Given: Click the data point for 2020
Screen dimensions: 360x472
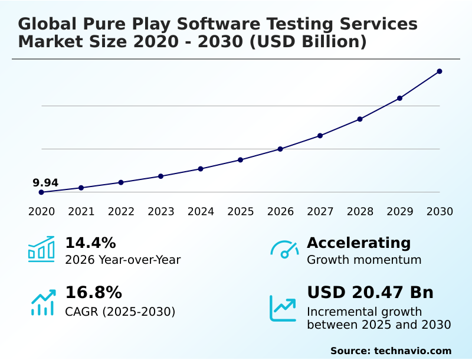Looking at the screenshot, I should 41,192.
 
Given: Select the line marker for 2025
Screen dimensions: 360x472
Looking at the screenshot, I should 241,160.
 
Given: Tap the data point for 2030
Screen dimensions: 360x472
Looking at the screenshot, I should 440,71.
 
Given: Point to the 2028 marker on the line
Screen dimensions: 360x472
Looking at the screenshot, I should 360,119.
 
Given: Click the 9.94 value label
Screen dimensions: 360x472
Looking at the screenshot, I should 45,183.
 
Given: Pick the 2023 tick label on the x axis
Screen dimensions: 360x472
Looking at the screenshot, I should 161,212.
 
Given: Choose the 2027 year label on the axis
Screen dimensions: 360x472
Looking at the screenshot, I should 320,212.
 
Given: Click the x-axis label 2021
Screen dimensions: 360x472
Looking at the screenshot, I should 81,212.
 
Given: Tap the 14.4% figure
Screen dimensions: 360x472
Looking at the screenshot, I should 90,243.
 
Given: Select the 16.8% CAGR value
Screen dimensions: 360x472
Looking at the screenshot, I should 93,293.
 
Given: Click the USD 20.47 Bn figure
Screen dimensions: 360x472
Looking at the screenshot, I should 370,293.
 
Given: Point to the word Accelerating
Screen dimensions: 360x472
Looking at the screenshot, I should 359,243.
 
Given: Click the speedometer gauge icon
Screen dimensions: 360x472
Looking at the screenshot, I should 284,250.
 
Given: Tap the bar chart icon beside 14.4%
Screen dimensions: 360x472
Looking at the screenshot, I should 41,250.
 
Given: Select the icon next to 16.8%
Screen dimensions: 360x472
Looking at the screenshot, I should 43,302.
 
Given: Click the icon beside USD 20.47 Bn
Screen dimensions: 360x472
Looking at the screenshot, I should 283,308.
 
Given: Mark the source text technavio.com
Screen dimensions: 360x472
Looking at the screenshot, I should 412,351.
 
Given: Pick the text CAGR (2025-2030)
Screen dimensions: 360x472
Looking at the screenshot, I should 120,312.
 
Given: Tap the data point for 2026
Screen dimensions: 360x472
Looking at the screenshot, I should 280,149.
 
